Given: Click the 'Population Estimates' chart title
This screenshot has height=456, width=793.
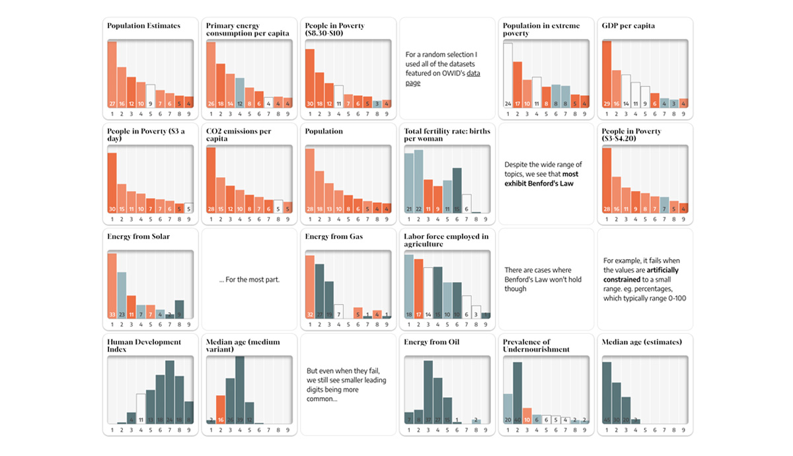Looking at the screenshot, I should [x=143, y=26].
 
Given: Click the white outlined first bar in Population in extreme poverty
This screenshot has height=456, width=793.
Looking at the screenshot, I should [x=508, y=75].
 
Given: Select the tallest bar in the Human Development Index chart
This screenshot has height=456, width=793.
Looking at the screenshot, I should [x=170, y=391].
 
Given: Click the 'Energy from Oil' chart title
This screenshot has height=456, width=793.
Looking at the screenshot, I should [x=431, y=342].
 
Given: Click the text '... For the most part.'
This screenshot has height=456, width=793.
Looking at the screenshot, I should [x=249, y=280].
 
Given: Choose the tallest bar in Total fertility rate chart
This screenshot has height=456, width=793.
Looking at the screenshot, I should [x=418, y=182].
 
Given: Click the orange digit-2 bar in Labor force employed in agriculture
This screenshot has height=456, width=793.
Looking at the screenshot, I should [x=418, y=288].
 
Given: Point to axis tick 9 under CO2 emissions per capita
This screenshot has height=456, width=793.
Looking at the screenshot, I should [x=287, y=219].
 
